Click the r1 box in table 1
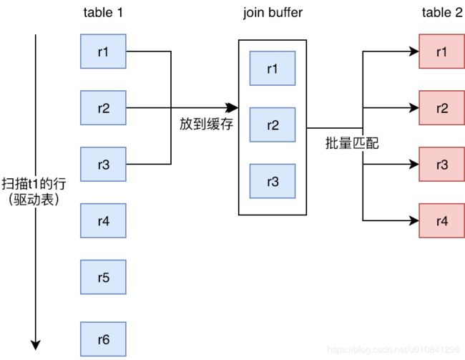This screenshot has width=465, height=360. click(x=104, y=52)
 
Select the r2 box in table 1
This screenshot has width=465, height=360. click(x=104, y=108)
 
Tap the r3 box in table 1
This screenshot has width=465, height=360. click(x=104, y=165)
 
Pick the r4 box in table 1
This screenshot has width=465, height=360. click(x=104, y=220)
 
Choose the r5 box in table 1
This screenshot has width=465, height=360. click(x=104, y=277)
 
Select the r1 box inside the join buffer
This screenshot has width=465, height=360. click(x=273, y=69)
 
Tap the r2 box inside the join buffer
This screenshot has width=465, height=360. click(x=273, y=125)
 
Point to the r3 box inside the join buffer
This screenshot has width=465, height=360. click(x=273, y=181)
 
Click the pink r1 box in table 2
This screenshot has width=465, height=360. click(x=441, y=52)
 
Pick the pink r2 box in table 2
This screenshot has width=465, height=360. click(x=441, y=108)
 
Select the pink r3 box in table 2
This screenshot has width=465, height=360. click(x=441, y=165)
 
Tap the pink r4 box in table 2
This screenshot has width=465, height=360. click(x=441, y=220)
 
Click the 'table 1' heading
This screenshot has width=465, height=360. click(x=104, y=13)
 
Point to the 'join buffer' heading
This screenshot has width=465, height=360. click(x=273, y=13)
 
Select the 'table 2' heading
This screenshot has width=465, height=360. click(x=441, y=13)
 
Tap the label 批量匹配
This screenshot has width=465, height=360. click(x=351, y=143)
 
